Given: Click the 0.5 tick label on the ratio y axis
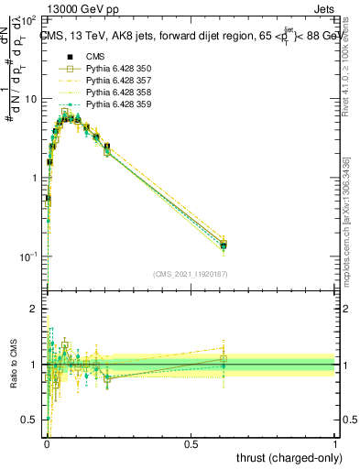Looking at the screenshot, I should point(31,420).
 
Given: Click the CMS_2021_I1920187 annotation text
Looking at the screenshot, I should point(191,274).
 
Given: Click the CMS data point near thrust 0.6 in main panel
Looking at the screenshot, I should point(223,245).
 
